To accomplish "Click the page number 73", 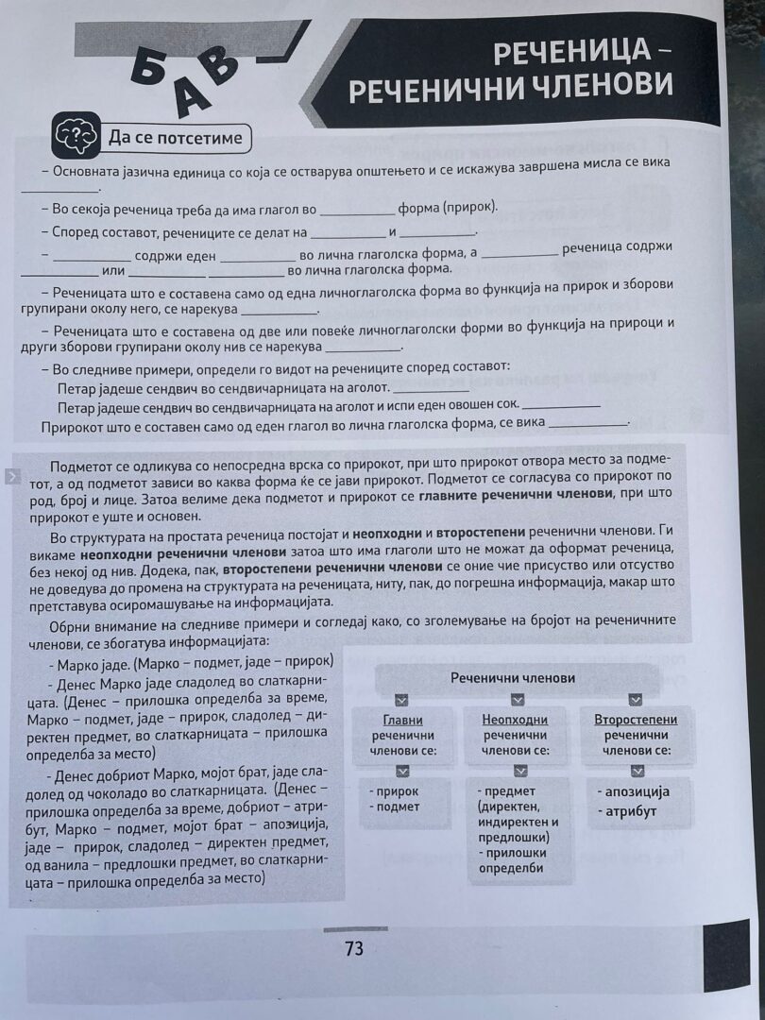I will (x=354, y=949).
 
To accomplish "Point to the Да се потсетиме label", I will (x=177, y=139).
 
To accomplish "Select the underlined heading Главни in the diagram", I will (x=402, y=720).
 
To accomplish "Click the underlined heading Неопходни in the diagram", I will (x=516, y=720).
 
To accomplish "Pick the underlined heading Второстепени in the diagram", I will (x=635, y=720).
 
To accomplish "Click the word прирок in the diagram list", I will (x=397, y=791).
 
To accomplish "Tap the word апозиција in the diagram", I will (x=635, y=791).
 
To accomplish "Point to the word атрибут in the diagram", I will (x=629, y=810).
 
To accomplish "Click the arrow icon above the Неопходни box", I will (x=517, y=700).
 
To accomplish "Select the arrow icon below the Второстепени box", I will (x=636, y=771).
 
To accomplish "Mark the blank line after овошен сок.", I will (x=561, y=406).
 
